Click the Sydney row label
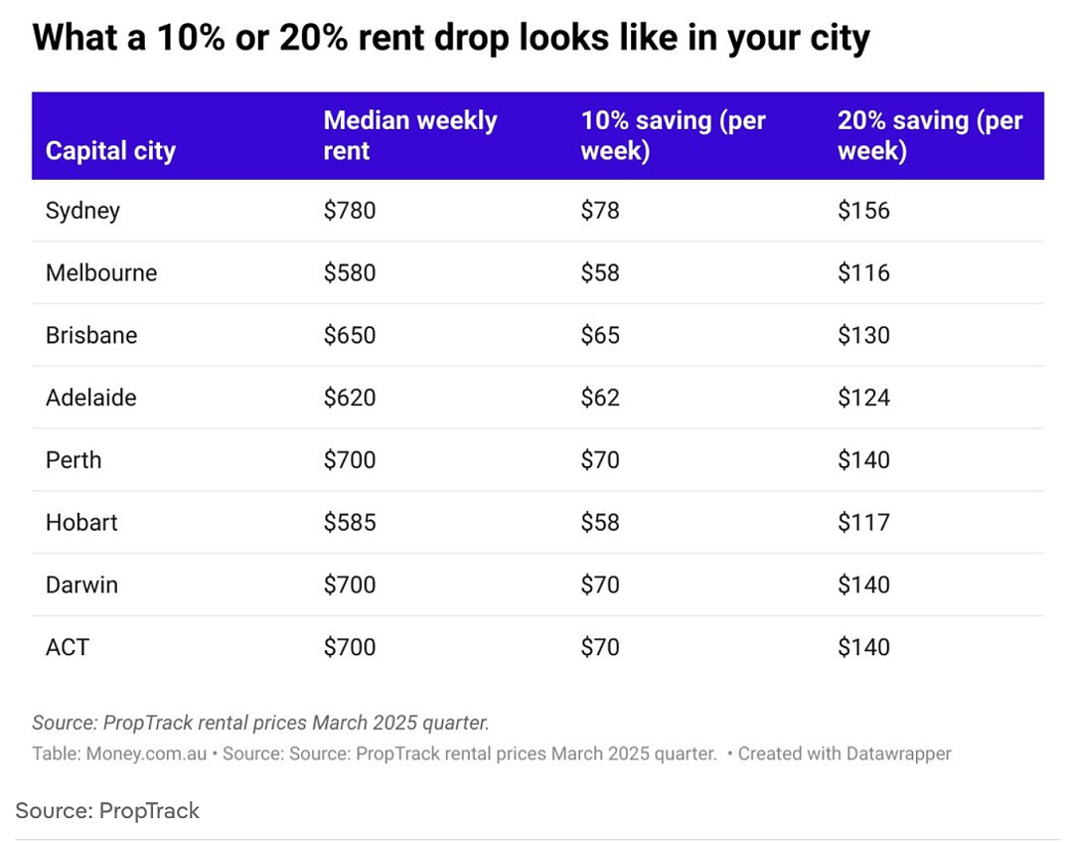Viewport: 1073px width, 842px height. tap(82, 211)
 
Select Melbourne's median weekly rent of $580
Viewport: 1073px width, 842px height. tap(350, 273)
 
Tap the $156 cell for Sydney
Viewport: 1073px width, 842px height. tap(863, 210)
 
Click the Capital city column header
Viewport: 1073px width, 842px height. tap(111, 151)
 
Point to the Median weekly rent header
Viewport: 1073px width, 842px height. tap(410, 135)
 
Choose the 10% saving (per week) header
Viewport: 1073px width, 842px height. tap(674, 135)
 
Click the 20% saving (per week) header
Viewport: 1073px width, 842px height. tap(930, 135)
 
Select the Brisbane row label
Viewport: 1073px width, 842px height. tap(91, 335)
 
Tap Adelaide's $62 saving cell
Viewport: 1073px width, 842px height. tap(600, 398)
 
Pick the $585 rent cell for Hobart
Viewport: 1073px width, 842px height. tap(350, 523)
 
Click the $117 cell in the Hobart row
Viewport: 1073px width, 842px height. tap(863, 523)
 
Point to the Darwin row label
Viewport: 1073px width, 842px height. tap(82, 586)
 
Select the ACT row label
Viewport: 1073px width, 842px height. tap(68, 647)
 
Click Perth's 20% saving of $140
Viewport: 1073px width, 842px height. tap(863, 460)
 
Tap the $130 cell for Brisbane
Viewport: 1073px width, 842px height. tap(863, 335)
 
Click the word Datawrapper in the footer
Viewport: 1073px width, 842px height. tap(898, 754)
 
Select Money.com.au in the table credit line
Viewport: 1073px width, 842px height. tap(146, 754)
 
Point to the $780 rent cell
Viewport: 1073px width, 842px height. tap(350, 210)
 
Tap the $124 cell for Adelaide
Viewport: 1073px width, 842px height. tap(863, 398)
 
